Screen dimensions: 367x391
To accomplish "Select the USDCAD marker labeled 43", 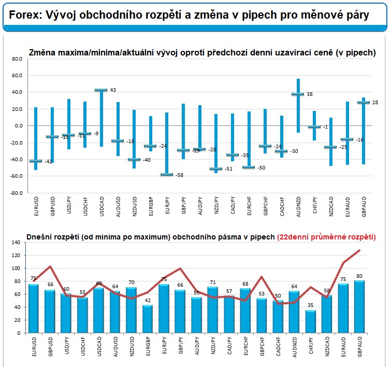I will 100,90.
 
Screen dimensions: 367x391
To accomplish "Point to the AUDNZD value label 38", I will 309,94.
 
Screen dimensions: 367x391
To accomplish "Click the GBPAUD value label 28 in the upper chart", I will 375,103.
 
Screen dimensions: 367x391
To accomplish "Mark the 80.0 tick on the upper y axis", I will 17,59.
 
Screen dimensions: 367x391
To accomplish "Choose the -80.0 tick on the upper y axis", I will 17,193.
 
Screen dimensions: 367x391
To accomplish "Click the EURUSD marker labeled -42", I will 36,161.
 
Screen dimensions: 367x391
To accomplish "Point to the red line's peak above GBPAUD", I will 359,250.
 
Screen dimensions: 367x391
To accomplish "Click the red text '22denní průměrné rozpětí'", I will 326,237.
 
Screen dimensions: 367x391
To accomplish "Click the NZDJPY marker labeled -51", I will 214,169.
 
